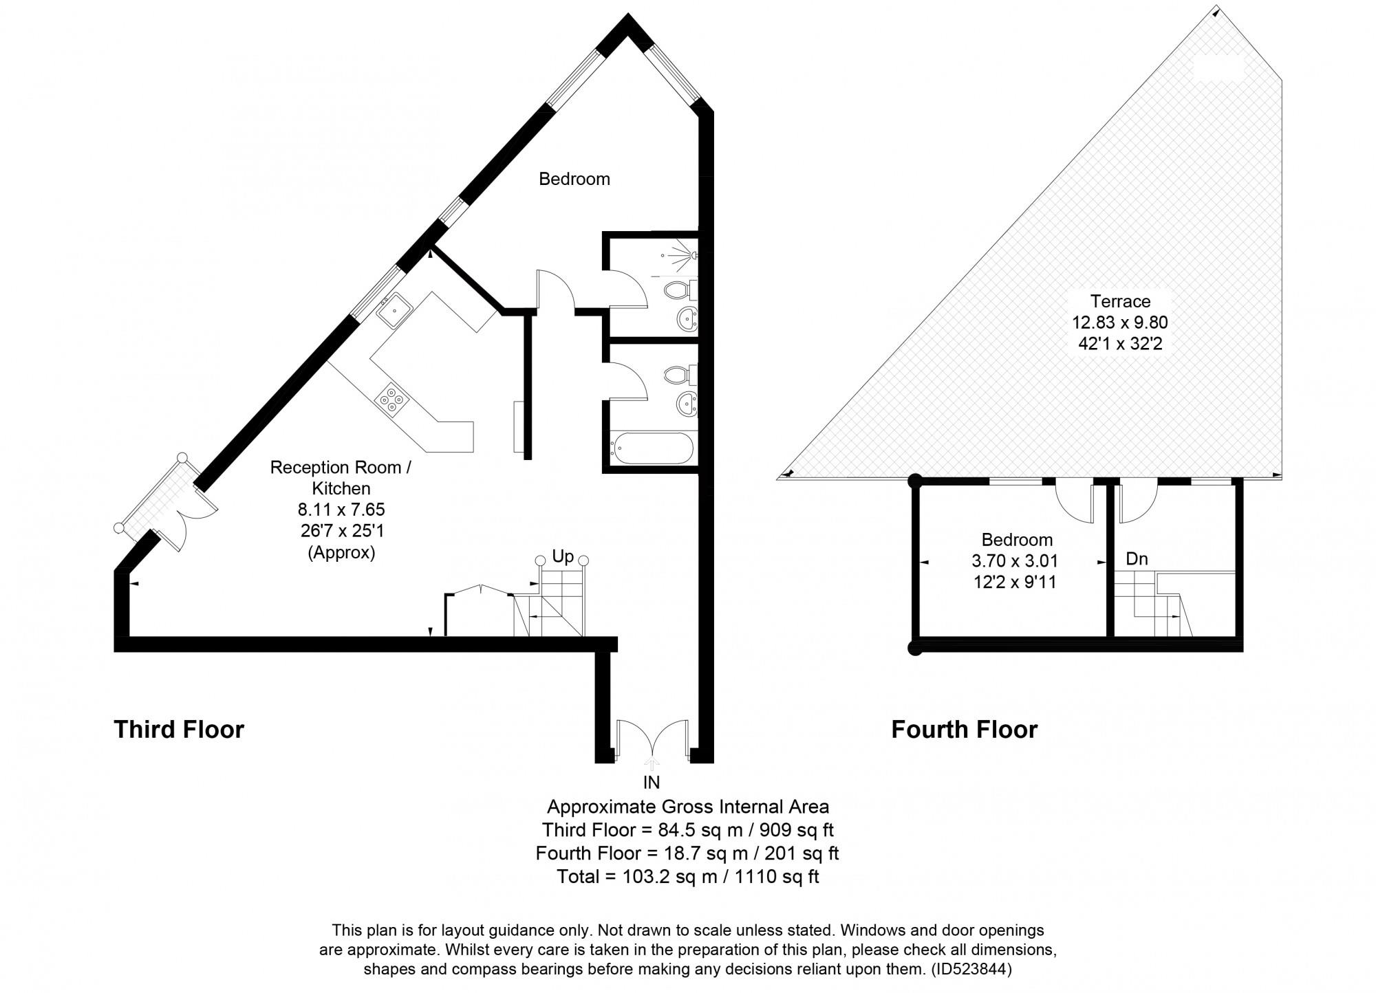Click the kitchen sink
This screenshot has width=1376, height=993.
click(x=394, y=310)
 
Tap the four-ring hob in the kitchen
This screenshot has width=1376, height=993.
click(x=391, y=399)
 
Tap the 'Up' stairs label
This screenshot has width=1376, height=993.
click(x=563, y=557)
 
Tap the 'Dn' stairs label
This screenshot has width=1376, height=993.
click(x=1137, y=559)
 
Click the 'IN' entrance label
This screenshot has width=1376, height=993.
click(x=651, y=783)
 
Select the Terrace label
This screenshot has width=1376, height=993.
click(x=1120, y=301)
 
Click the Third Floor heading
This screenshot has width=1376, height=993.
click(x=179, y=730)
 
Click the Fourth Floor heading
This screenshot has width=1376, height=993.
click(x=964, y=730)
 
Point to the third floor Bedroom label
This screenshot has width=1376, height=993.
click(x=574, y=179)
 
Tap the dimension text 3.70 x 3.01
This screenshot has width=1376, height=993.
click(x=1015, y=561)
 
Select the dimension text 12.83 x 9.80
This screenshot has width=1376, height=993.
click(x=1119, y=323)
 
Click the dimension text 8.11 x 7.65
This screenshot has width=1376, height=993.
click(x=341, y=510)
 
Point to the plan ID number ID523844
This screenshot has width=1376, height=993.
click(x=971, y=970)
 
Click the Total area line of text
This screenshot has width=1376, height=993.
click(x=687, y=877)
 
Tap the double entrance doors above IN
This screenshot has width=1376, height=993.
click(x=652, y=739)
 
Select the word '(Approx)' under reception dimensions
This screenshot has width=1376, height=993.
click(x=341, y=553)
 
